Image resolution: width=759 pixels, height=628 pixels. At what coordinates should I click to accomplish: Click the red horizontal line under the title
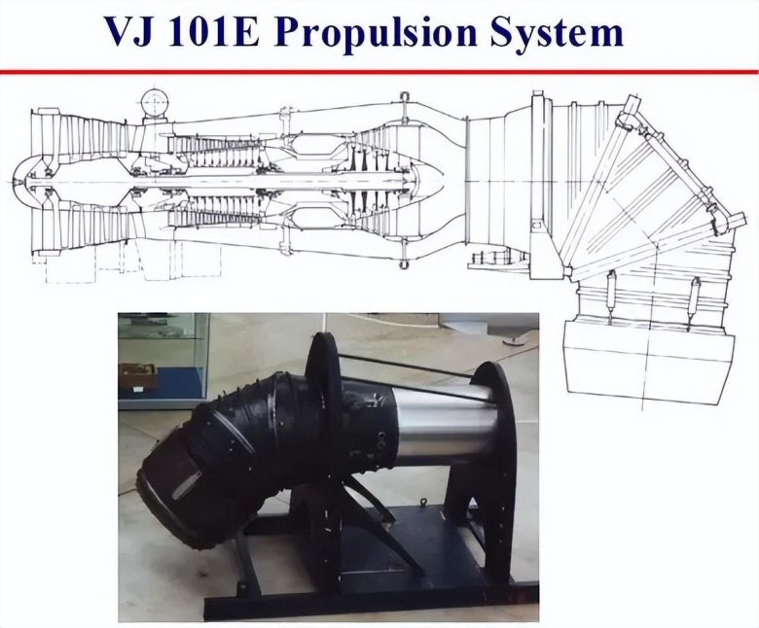(379, 72)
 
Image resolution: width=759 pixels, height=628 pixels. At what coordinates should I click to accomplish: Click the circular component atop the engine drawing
(155, 101)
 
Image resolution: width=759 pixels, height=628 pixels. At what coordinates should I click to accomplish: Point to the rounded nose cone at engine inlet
(24, 181)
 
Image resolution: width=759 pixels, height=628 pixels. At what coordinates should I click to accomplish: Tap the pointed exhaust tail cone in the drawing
(431, 181)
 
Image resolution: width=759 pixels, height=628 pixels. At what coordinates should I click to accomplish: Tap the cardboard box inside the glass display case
(138, 376)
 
